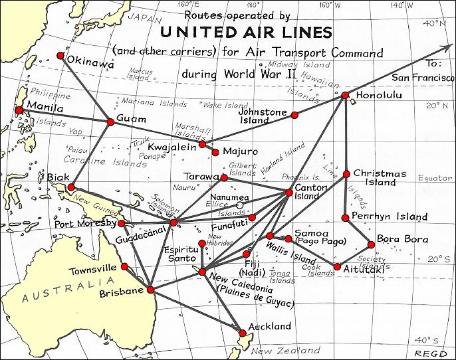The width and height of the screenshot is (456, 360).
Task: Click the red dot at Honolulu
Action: pyautogui.click(x=345, y=96)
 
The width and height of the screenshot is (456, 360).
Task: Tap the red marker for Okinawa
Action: pyautogui.click(x=61, y=56)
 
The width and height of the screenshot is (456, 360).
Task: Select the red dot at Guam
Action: pyautogui.click(x=111, y=122)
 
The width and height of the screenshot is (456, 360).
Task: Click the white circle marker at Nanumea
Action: pyautogui.click(x=239, y=205)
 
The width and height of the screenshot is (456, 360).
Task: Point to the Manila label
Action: pyautogui.click(x=44, y=108)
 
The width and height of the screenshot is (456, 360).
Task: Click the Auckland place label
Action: pyautogui.click(x=269, y=326)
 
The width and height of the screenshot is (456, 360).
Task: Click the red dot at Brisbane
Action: pyautogui.click(x=150, y=290)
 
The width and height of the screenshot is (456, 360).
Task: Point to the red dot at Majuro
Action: pyautogui.click(x=215, y=151)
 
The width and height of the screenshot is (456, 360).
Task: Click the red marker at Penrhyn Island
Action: pyautogui.click(x=344, y=218)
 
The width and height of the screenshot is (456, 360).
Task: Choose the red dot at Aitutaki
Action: pyautogui.click(x=337, y=267)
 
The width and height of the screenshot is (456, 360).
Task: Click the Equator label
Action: pyautogui.click(x=435, y=178)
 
